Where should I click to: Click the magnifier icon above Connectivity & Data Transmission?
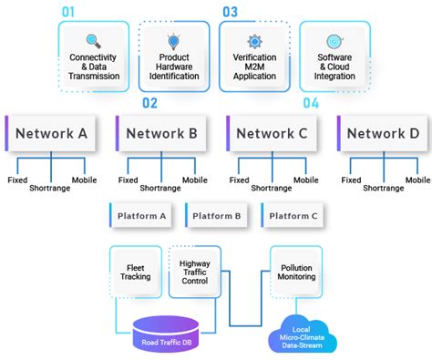pyautogui.click(x=94, y=41)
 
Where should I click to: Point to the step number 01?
pyautogui.click(x=70, y=12)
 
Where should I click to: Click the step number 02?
pyautogui.click(x=150, y=103)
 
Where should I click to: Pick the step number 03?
pyautogui.click(x=231, y=12)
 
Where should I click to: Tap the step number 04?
pyautogui.click(x=312, y=103)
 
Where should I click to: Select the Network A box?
pyautogui.click(x=51, y=133)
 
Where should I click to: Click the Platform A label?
pyautogui.click(x=142, y=216)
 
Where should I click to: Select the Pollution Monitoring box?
pyautogui.click(x=298, y=272)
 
